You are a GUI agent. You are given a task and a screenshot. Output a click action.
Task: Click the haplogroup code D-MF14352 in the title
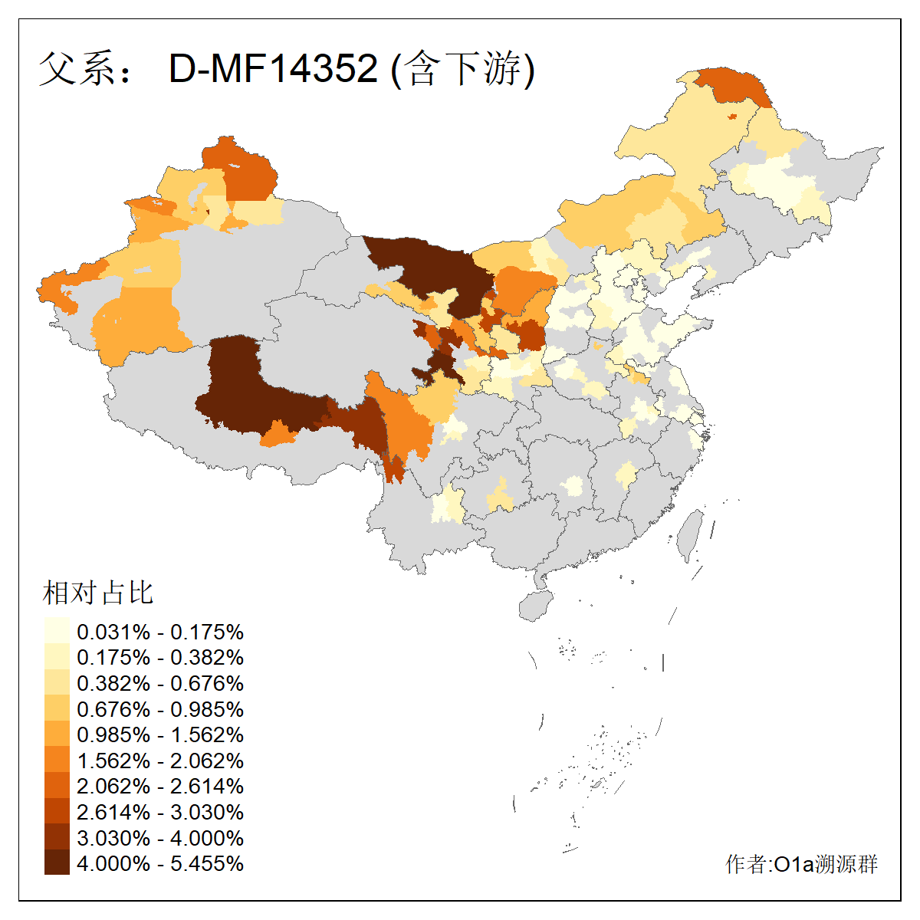click(x=273, y=68)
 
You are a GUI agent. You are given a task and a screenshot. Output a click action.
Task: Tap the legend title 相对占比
click(x=98, y=593)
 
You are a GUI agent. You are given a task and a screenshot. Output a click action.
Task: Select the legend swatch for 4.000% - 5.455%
click(x=57, y=863)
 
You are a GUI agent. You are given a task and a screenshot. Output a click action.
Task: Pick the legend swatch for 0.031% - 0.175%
click(x=57, y=632)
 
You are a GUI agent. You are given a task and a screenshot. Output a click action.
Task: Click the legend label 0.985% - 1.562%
click(x=160, y=734)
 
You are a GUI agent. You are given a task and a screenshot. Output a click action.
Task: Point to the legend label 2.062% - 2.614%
click(x=160, y=786)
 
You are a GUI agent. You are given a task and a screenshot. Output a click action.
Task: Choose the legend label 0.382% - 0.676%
click(x=160, y=683)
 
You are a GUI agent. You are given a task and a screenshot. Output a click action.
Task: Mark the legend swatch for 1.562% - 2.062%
click(x=57, y=761)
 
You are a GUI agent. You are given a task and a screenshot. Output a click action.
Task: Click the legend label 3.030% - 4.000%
click(x=160, y=838)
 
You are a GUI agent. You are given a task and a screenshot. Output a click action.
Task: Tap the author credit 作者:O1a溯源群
click(x=801, y=864)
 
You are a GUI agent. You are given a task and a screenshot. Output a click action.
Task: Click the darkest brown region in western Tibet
click(x=245, y=391)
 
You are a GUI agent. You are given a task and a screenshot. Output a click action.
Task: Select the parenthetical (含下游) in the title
click(x=462, y=69)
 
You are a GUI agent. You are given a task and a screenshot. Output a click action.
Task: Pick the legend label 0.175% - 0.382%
click(x=160, y=657)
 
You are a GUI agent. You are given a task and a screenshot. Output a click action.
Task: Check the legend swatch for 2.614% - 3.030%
click(x=57, y=812)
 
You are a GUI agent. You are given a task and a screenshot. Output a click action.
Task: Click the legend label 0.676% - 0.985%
click(x=160, y=709)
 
